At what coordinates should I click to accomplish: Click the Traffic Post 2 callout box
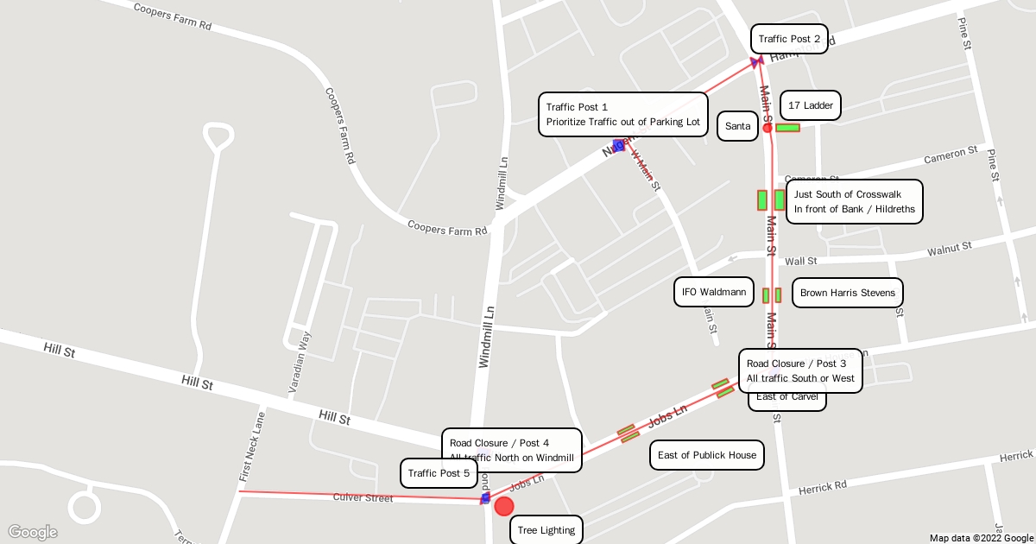tap(789, 39)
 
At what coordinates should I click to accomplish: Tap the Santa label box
tap(737, 126)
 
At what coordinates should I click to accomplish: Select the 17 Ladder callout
tap(811, 105)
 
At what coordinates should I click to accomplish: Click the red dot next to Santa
tap(768, 128)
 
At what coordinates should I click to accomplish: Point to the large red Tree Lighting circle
tap(504, 506)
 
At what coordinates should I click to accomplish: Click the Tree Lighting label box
tap(546, 530)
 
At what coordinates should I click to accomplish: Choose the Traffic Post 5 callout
tap(439, 473)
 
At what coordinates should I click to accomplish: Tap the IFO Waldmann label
tap(713, 292)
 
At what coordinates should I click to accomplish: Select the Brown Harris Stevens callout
tap(847, 293)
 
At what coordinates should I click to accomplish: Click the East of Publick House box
tap(706, 455)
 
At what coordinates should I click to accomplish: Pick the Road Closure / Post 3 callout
tap(800, 370)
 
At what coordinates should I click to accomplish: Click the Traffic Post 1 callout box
tap(622, 114)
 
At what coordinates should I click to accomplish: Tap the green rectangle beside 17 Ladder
tap(787, 128)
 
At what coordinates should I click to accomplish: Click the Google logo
tap(32, 532)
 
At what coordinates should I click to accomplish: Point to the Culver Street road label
tap(363, 497)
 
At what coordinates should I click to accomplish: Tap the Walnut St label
tap(950, 250)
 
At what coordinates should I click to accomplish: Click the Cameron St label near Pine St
tap(951, 155)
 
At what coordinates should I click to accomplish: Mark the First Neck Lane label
tap(251, 446)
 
